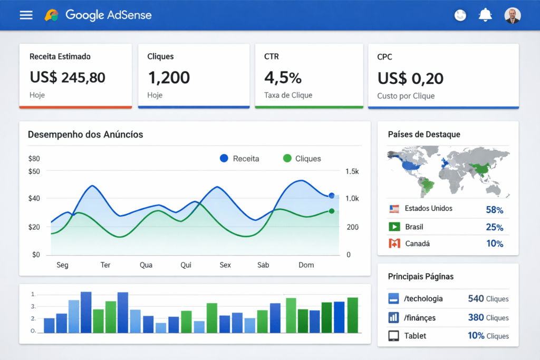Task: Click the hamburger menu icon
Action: coord(26,15)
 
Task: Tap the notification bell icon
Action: coord(485,15)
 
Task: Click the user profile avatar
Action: coord(512,15)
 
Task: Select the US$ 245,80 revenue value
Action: coord(67,77)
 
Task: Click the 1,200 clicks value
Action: coord(169,77)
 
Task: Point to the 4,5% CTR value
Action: coord(283,77)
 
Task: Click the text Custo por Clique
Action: coord(406,96)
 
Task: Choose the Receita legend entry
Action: coord(240,158)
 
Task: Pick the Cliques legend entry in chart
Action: coord(302,158)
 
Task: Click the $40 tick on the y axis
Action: coord(34,198)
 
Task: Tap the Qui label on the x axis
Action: coord(186,265)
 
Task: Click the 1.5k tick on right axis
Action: coord(352,171)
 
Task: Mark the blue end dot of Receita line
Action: coord(332,196)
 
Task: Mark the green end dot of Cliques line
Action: coord(332,211)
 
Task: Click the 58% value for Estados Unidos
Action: coord(494,210)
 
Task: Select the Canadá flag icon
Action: coord(394,244)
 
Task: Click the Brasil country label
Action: coord(414,227)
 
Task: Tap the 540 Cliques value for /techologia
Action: coord(488,298)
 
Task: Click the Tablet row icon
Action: coord(393,336)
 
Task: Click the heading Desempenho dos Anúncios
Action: coord(85,134)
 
